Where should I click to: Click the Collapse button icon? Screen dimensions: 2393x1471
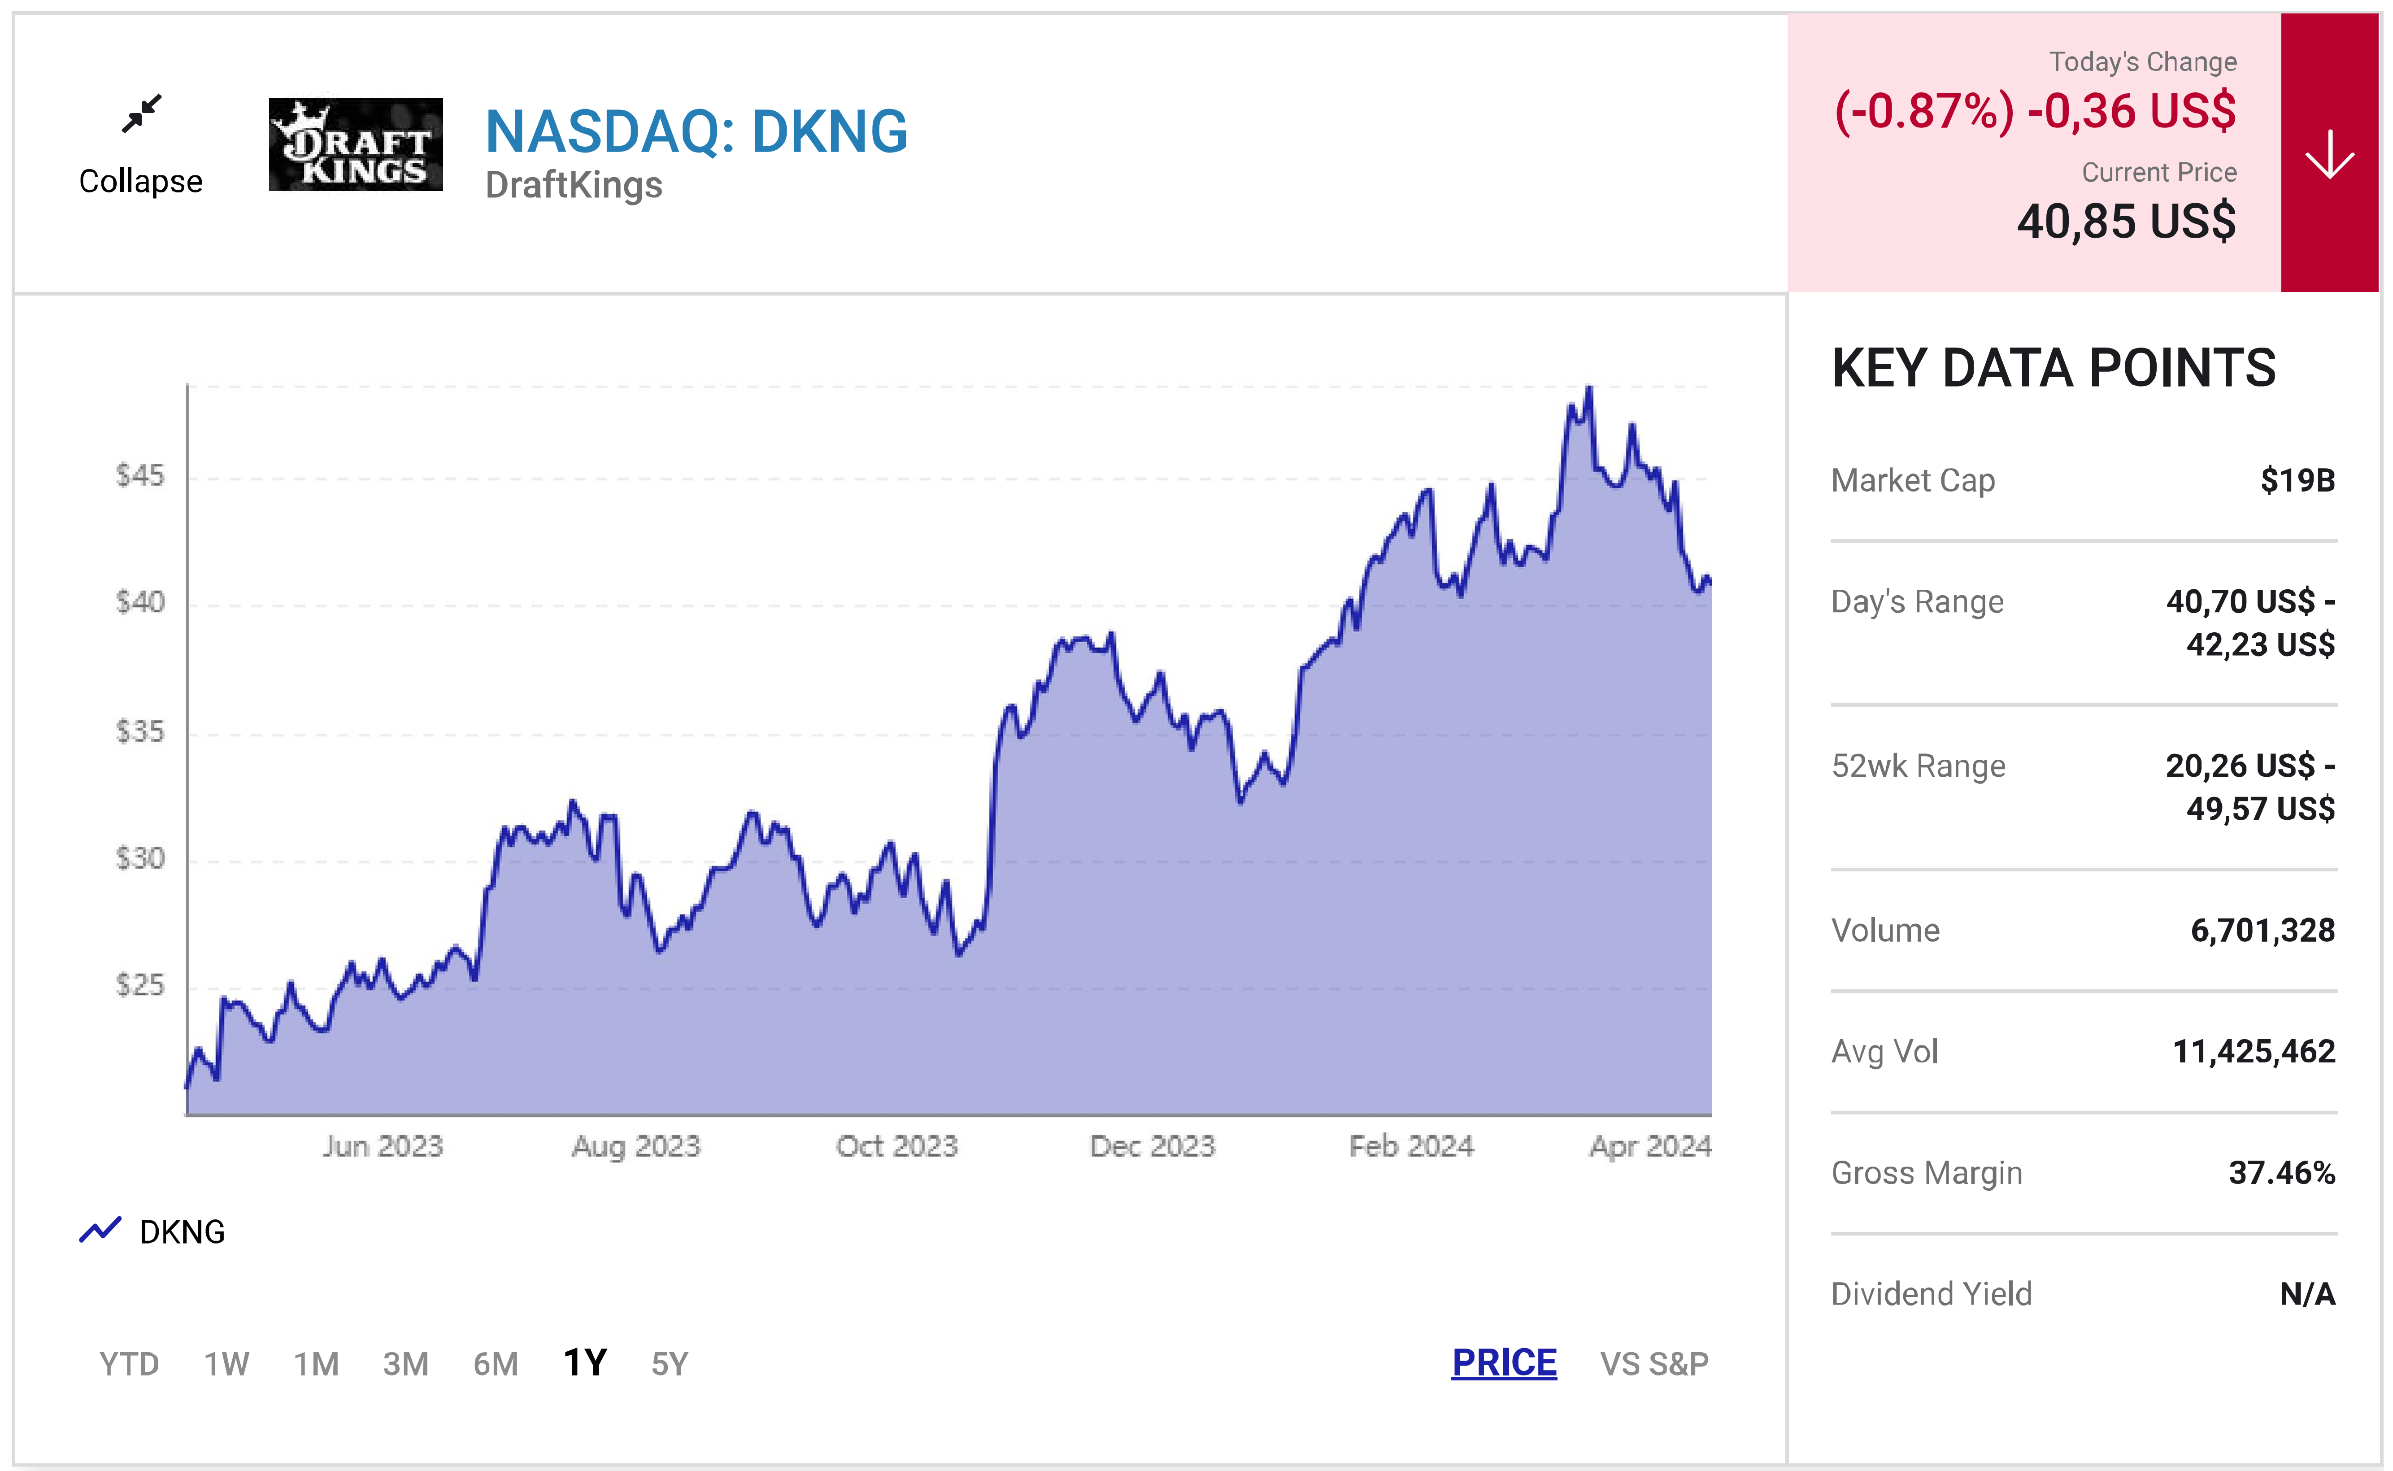[142, 114]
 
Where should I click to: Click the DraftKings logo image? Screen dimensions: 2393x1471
[356, 144]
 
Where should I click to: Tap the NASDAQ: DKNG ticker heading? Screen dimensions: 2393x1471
[696, 131]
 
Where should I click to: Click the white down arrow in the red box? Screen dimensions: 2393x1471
[2330, 154]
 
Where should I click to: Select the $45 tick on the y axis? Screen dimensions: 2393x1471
[140, 476]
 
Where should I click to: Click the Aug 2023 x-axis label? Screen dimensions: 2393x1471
[636, 1146]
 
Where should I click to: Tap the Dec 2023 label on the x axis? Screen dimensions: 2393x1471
[1153, 1146]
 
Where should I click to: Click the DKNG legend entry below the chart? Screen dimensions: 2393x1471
[152, 1232]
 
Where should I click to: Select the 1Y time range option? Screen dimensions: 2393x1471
[585, 1363]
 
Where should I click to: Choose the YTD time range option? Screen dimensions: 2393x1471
[129, 1364]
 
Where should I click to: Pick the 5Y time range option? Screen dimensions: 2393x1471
[669, 1364]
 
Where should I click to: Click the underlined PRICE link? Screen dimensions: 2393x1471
[1504, 1363]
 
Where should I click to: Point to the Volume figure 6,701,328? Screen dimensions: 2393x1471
[2262, 930]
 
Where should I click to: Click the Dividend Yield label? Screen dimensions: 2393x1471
[1932, 1294]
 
